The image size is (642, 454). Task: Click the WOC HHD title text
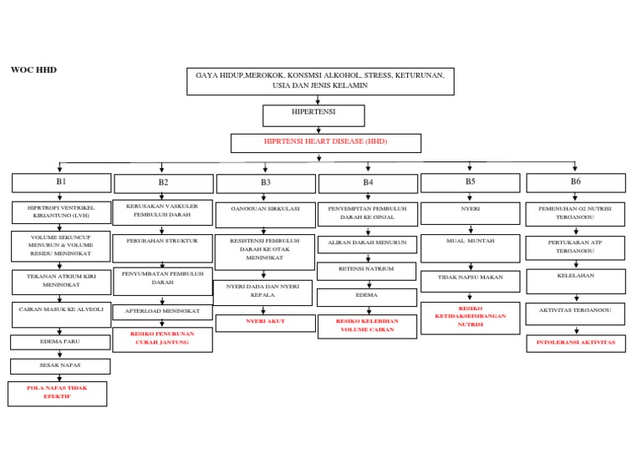(x=33, y=69)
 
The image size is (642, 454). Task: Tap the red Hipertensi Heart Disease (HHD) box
(x=325, y=143)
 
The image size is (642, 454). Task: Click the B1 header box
(x=61, y=182)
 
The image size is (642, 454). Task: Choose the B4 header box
(x=368, y=183)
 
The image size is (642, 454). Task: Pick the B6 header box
(x=575, y=182)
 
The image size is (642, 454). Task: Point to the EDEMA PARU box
(x=60, y=342)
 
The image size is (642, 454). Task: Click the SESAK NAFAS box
(x=60, y=366)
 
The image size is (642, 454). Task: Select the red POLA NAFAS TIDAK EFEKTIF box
(x=57, y=393)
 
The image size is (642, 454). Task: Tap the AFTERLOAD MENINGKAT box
(x=162, y=311)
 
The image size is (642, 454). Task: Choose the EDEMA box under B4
(x=366, y=297)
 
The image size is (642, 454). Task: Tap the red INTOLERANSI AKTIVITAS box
(x=575, y=343)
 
